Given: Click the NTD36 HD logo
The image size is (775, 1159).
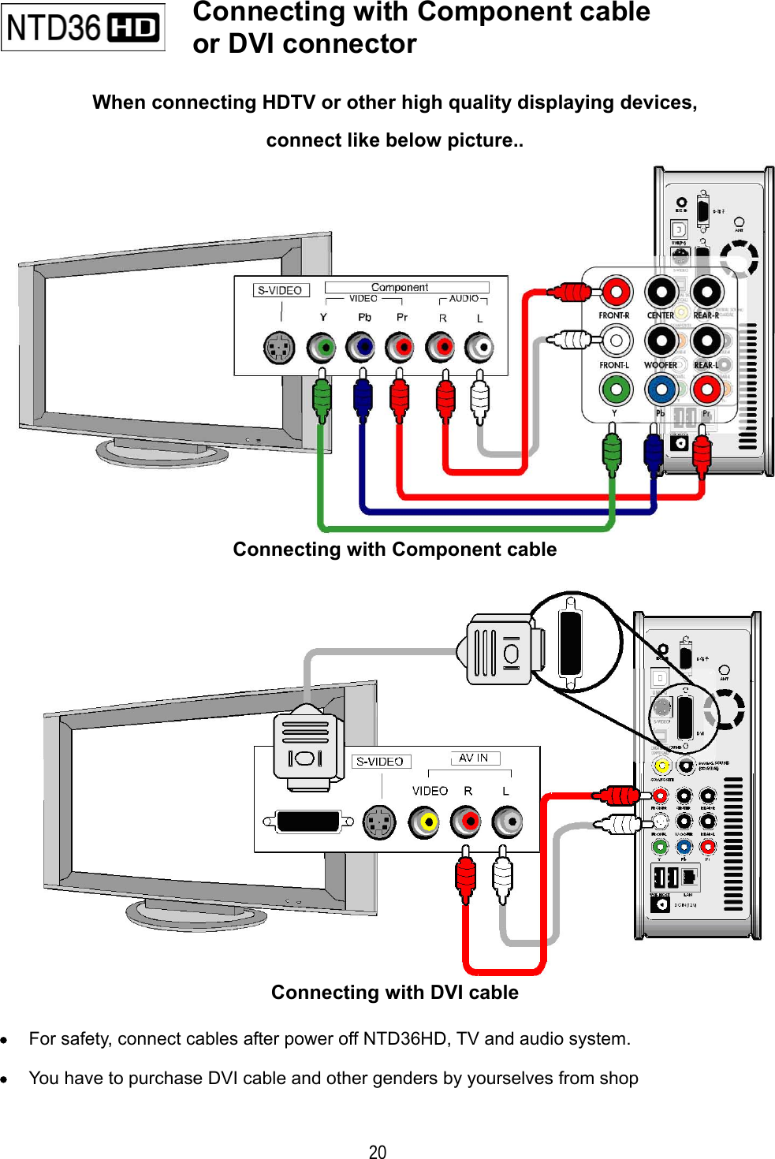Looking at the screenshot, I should tap(83, 28).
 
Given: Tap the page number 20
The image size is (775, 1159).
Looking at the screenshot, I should tap(378, 1152).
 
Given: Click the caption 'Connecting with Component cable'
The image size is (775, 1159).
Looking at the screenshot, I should tap(394, 550).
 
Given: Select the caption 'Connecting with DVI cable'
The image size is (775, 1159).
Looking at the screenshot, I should tap(394, 993).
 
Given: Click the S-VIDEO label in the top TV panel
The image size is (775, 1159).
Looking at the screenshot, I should tap(280, 290).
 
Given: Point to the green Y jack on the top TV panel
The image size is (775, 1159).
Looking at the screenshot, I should tap(322, 347).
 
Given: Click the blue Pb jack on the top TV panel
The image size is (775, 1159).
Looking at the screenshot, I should tap(362, 347).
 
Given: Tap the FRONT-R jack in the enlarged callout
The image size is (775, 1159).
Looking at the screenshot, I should tap(615, 293).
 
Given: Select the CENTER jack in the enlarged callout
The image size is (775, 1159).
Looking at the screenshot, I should tap(661, 293).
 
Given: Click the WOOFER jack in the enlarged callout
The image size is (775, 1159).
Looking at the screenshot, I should tap(661, 341).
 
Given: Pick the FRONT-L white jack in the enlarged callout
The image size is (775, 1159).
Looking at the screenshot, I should tap(615, 341).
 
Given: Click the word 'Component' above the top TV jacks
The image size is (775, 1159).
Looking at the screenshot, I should tap(400, 287).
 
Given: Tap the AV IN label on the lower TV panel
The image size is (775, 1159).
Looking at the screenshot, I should tap(474, 758).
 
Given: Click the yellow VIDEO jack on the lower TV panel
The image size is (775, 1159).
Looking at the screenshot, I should tap(426, 822).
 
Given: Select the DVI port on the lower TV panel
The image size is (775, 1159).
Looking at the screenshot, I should tap(308, 822).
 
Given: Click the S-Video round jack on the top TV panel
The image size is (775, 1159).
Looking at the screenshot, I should tap(279, 348).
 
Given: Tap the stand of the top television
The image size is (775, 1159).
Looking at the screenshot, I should tap(162, 453).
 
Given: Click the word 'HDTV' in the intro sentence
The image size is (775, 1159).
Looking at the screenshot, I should tap(289, 102).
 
